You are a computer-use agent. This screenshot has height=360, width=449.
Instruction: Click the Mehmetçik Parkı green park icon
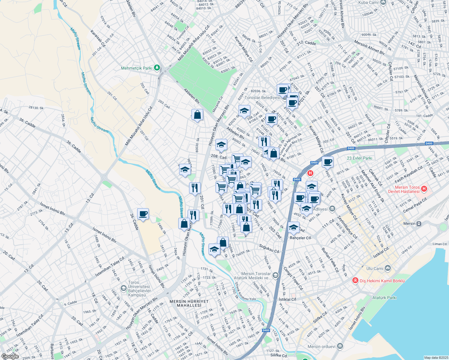point(157,68)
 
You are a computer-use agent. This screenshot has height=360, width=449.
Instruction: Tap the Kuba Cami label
point(368,2)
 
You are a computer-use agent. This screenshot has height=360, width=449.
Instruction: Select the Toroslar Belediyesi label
point(263,97)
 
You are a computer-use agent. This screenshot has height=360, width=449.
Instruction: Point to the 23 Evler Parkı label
point(359,158)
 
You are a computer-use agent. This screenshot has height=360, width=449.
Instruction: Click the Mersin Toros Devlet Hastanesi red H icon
point(424,189)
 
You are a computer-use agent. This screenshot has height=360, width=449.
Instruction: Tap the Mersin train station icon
point(419,223)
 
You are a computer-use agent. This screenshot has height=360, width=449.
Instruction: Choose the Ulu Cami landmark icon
point(388,268)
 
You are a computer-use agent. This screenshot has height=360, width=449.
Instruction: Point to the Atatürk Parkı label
point(384,298)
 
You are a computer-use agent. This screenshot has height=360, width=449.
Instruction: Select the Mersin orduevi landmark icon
point(339,346)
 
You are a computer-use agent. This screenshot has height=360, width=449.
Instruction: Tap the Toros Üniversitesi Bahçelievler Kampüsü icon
point(123,288)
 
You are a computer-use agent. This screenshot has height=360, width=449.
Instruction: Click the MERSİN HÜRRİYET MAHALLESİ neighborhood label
point(189,303)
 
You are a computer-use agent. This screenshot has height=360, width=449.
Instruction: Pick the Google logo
point(10,356)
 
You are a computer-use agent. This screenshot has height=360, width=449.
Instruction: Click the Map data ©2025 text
point(435,358)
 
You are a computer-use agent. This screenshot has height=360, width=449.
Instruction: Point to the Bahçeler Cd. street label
point(301,238)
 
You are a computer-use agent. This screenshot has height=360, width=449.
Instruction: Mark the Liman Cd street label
point(439,244)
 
